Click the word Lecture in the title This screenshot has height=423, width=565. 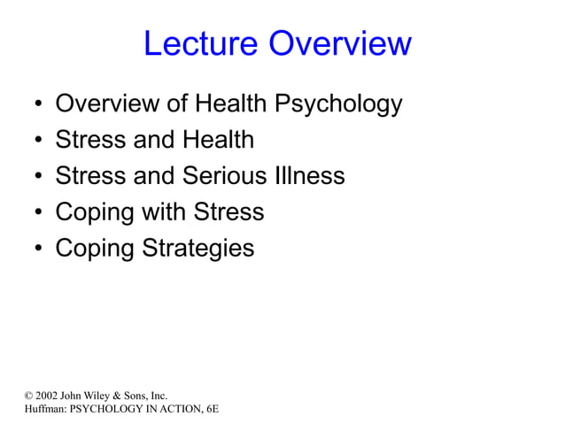201,44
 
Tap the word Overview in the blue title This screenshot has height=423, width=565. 340,44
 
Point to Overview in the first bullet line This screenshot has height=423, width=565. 109,104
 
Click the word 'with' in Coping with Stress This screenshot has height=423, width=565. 163,212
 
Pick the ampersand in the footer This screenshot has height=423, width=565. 116,395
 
